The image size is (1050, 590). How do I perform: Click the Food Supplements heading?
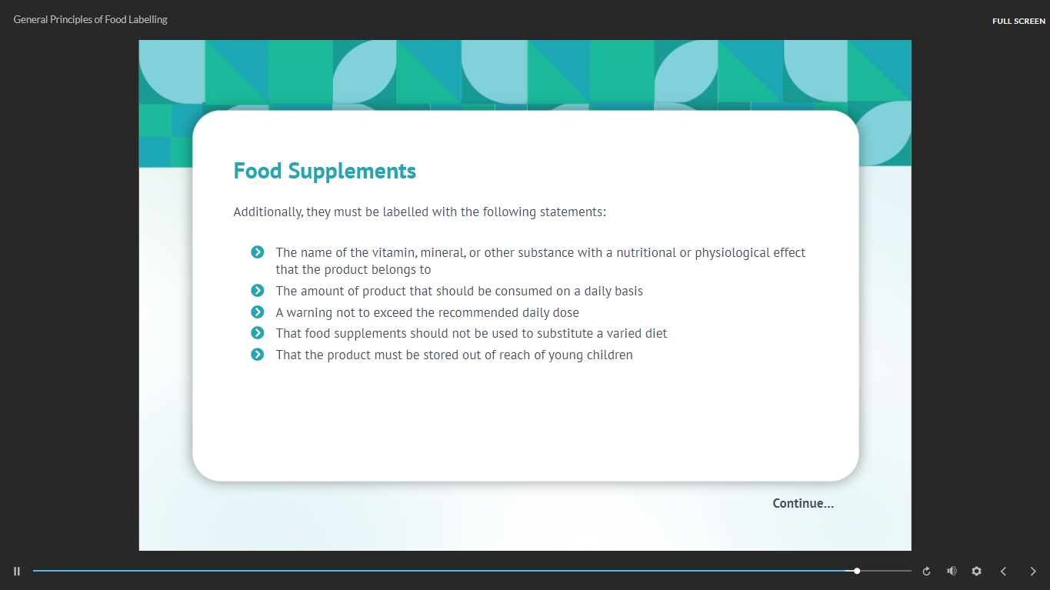325,171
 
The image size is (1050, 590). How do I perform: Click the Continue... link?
803,503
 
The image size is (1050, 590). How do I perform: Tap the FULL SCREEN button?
1018,21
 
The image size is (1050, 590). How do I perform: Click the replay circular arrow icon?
926,572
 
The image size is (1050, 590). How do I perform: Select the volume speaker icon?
952,571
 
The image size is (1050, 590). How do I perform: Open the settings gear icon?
976,571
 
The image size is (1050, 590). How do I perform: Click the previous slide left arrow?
1003,571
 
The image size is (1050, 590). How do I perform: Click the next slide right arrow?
1032,571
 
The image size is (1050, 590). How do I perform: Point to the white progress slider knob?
857,571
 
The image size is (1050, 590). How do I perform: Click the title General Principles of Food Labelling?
91,20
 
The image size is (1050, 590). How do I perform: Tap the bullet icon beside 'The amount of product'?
258,291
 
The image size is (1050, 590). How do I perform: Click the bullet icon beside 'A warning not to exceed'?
258,312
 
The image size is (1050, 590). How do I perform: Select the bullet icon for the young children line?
258,355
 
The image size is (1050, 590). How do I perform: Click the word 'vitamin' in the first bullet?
394,252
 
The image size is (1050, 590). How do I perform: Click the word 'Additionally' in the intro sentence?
268,212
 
